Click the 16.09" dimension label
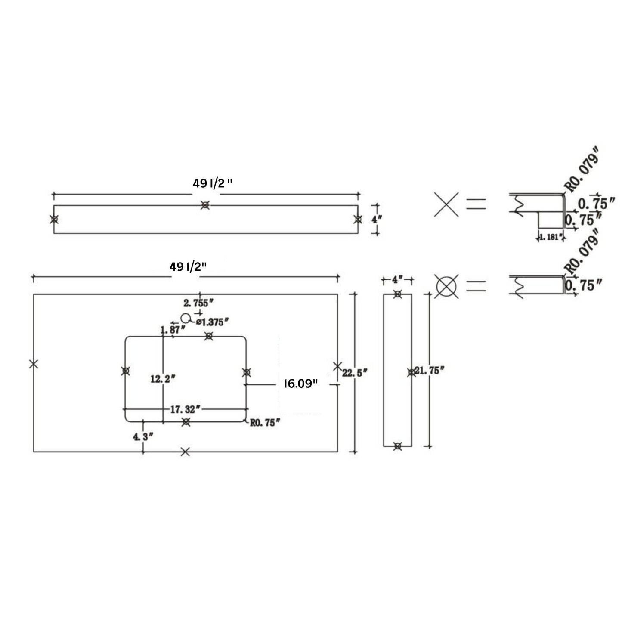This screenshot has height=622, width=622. (x=300, y=384)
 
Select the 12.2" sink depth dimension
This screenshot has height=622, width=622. (x=163, y=379)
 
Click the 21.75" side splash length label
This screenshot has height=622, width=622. (x=430, y=370)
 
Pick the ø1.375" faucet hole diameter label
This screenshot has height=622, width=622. (x=212, y=321)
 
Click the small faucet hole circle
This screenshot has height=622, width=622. (x=186, y=318)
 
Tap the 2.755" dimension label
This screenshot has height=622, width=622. (x=199, y=303)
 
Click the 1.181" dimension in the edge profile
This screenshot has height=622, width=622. (x=550, y=236)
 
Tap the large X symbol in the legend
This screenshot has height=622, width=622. (x=446, y=204)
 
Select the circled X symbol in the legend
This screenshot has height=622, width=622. (x=446, y=286)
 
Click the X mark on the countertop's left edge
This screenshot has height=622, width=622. (x=34, y=364)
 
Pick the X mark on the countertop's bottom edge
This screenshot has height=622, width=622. (x=185, y=452)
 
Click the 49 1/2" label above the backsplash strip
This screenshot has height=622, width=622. (x=212, y=183)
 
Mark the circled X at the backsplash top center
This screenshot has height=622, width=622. (x=205, y=205)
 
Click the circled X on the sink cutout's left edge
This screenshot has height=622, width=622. (x=125, y=371)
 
